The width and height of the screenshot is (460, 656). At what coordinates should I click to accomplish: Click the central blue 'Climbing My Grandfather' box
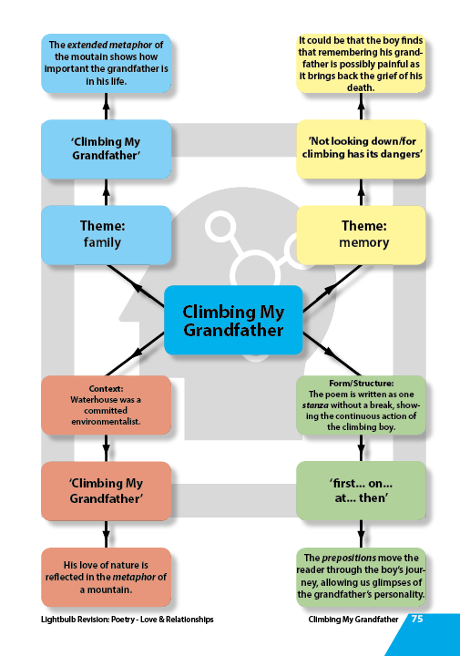pyautogui.click(x=233, y=320)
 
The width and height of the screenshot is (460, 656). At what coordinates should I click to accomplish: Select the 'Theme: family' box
pyautogui.click(x=107, y=235)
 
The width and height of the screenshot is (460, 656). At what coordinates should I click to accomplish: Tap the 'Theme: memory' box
pyautogui.click(x=361, y=235)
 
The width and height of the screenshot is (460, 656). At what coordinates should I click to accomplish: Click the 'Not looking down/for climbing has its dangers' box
pyautogui.click(x=361, y=149)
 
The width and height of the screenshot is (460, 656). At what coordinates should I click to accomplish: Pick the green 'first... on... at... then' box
pyautogui.click(x=361, y=491)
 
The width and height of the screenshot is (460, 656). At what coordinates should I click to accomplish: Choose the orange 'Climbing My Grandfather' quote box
pyautogui.click(x=107, y=491)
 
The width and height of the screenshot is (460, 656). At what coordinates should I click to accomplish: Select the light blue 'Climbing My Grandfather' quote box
pyautogui.click(x=107, y=149)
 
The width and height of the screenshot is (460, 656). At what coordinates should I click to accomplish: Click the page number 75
pyautogui.click(x=417, y=619)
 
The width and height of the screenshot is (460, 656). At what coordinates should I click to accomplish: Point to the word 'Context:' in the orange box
pyautogui.click(x=106, y=389)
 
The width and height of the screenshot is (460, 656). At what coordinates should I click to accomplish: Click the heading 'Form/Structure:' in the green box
pyautogui.click(x=361, y=384)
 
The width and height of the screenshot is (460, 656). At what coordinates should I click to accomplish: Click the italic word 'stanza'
pyautogui.click(x=315, y=405)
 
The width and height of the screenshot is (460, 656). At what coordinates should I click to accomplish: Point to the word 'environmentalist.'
pyautogui.click(x=106, y=422)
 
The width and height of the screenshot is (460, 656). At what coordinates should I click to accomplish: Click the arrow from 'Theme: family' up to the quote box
pyautogui.click(x=107, y=192)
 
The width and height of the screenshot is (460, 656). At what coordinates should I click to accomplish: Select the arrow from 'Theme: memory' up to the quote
pyautogui.click(x=361, y=192)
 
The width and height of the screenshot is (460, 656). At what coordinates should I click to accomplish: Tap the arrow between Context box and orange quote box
pyautogui.click(x=107, y=448)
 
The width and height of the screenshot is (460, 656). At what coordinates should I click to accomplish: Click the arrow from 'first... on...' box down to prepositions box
pyautogui.click(x=361, y=534)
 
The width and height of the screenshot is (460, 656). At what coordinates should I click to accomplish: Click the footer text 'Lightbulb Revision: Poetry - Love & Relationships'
pyautogui.click(x=128, y=620)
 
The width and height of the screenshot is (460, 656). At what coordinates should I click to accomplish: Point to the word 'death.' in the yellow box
pyautogui.click(x=361, y=87)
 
